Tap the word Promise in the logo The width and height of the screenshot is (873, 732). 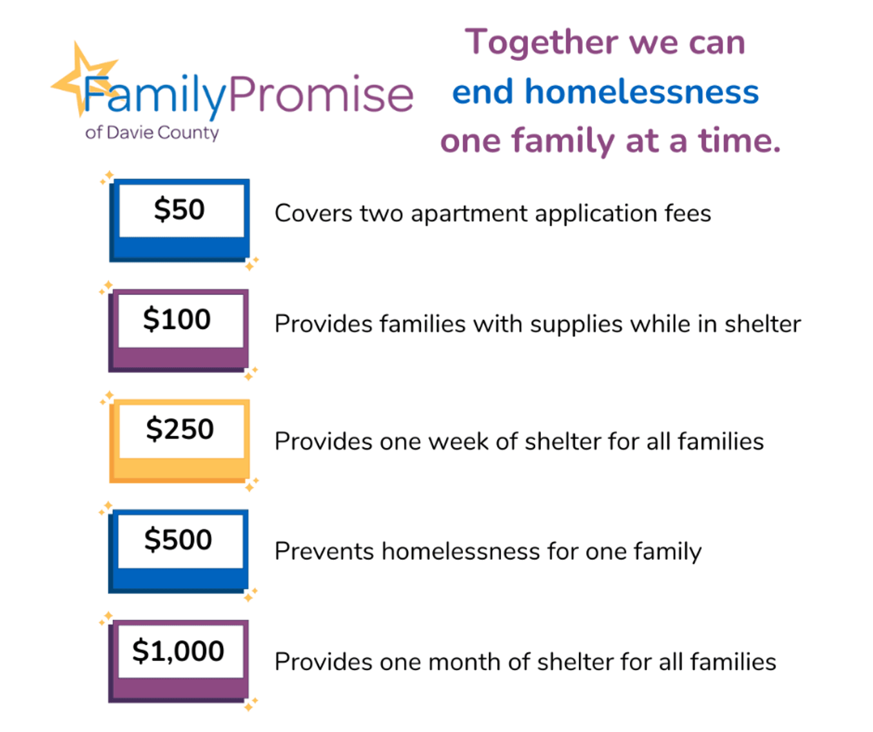click(320, 95)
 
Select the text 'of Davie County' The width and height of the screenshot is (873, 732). click(152, 133)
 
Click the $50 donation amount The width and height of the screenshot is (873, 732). click(180, 210)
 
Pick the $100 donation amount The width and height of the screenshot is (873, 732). click(177, 320)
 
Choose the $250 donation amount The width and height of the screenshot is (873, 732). click(180, 430)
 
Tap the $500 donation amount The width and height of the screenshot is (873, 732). click(179, 540)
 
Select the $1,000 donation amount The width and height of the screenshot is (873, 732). click(179, 651)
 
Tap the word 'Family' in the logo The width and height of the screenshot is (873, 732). click(155, 95)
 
